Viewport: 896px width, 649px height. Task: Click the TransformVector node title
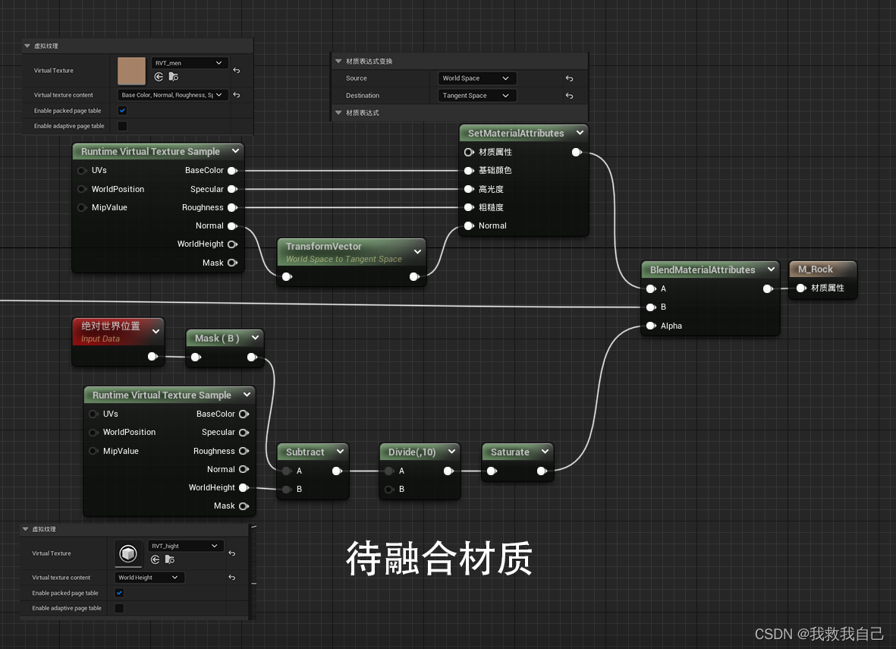point(324,247)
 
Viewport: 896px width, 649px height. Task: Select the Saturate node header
point(510,452)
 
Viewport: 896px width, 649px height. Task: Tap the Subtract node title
point(305,452)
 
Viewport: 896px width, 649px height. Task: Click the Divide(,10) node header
point(412,452)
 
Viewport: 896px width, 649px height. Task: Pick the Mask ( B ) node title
point(217,339)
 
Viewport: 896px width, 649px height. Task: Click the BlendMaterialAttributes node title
point(703,270)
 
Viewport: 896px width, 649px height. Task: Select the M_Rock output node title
point(816,269)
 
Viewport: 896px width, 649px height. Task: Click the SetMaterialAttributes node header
point(516,134)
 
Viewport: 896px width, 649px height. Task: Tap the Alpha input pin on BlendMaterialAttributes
point(651,326)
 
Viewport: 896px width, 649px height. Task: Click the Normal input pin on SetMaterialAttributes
point(469,225)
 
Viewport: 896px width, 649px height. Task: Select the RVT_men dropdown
point(189,63)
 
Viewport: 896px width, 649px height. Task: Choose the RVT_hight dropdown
point(185,546)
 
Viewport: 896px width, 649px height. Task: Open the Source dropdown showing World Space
point(477,78)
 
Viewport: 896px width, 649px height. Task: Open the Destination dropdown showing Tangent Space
point(477,96)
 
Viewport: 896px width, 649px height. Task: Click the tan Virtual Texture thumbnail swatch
point(132,71)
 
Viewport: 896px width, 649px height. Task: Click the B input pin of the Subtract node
point(287,490)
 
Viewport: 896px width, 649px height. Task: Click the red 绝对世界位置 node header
point(111,326)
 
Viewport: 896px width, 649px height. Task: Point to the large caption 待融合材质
point(439,559)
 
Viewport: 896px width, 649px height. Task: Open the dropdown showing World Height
point(150,578)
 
